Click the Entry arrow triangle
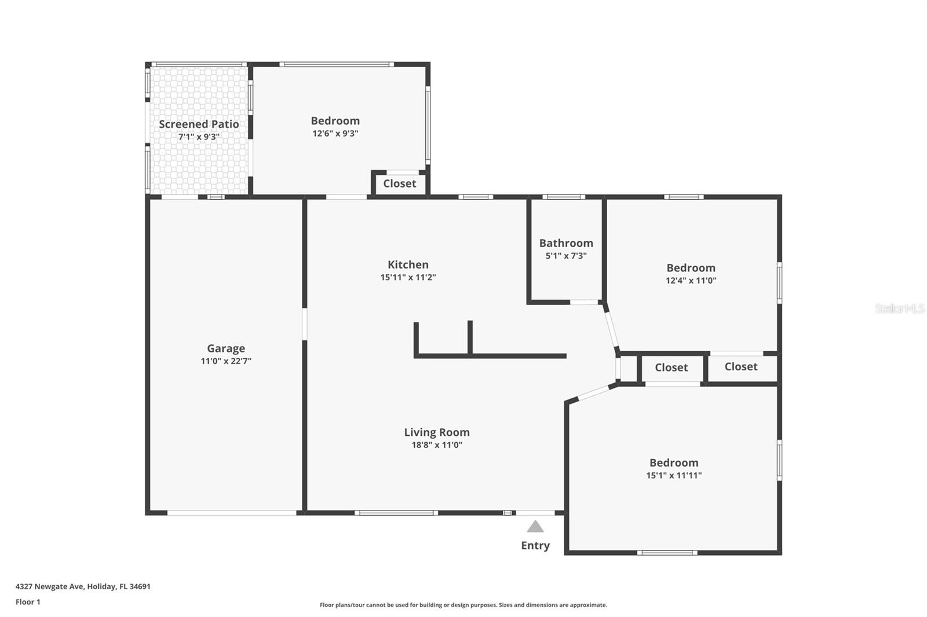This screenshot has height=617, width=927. pos(535,527)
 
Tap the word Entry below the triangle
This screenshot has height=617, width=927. pos(535,545)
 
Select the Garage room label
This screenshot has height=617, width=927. pos(226,348)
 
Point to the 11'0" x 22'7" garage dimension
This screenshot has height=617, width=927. pos(226,361)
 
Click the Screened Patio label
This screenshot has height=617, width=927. pos(199,124)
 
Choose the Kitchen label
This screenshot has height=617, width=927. pos(408,265)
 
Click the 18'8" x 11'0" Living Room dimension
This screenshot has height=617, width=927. pos(437,445)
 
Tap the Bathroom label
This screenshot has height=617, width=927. pos(566,243)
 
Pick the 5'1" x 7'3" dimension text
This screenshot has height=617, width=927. pos(566,256)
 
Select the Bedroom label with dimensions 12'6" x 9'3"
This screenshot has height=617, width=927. pos(335,120)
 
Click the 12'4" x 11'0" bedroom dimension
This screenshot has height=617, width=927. pos(691,281)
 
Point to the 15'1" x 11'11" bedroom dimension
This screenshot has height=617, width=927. pos(674,476)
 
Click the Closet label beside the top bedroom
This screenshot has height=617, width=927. pos(399,183)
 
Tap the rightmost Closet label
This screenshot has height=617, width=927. pos(741,366)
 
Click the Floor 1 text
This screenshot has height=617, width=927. pos(28,602)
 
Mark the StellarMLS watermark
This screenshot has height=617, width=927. pos(899,308)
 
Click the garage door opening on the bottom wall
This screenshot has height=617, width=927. pos(232,513)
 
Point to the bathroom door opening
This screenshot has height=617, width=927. pos(584,302)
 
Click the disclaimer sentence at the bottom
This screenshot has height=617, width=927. pos(463,605)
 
